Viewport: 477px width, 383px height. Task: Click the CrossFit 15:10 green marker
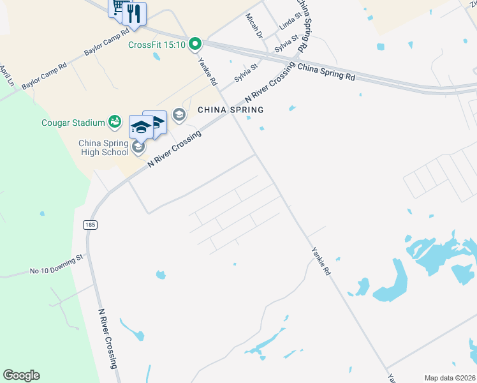coord(196,44)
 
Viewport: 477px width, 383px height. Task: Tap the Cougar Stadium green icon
coord(115,120)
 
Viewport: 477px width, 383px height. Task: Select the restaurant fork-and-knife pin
coord(134,14)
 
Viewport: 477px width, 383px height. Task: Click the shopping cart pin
coord(118,6)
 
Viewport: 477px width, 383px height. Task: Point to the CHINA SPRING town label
coord(230,110)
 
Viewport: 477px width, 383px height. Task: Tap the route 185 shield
coord(90,225)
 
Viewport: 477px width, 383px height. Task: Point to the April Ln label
coord(6,75)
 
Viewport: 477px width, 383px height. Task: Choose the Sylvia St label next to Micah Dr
coord(286,45)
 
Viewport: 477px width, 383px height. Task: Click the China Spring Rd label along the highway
coord(327,71)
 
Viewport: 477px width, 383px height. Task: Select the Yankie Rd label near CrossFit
coord(208,72)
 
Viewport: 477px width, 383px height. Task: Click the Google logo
coord(21,375)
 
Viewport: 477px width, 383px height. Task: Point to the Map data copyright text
coord(450,378)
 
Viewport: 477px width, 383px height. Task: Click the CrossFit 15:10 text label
coord(156,45)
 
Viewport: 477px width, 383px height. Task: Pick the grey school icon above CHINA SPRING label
coord(179,114)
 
